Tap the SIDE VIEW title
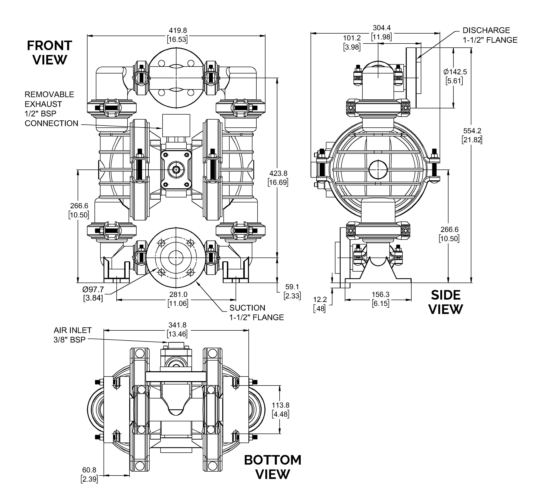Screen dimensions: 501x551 pos(446,302)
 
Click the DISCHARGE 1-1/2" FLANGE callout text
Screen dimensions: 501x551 pos(490,35)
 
